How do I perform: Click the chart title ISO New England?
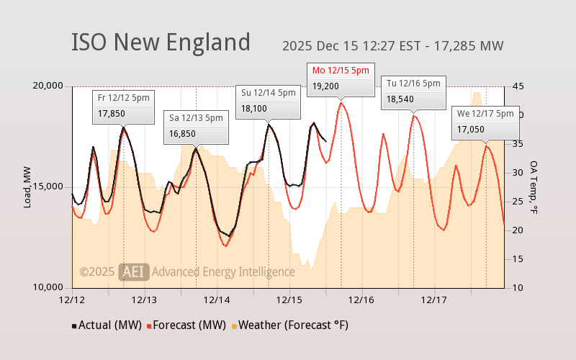(161, 42)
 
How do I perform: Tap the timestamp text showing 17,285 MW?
(392, 46)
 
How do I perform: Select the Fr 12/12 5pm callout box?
(124, 105)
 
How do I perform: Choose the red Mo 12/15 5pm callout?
(341, 78)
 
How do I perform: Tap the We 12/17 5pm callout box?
(485, 122)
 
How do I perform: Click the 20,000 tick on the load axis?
(49, 86)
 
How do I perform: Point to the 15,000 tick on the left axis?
(49, 186)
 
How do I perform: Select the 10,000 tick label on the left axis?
(49, 287)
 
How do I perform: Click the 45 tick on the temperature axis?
(517, 86)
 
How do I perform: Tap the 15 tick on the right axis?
(517, 258)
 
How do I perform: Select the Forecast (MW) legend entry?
(186, 325)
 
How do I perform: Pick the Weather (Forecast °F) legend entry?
(289, 325)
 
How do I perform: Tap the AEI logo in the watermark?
(134, 271)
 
